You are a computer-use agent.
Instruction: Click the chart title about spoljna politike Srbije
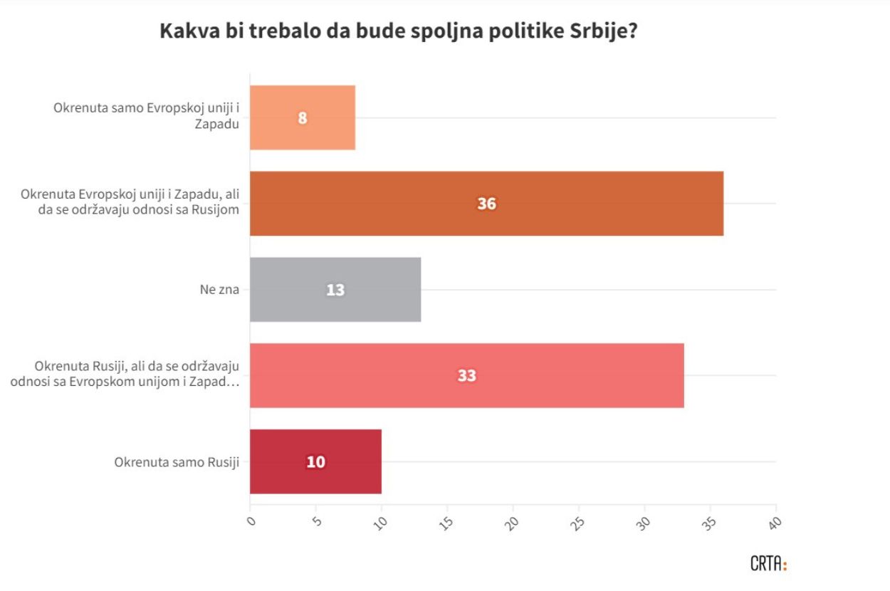[398, 32]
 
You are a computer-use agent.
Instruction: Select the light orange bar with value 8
[303, 117]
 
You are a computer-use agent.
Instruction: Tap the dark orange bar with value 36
[486, 204]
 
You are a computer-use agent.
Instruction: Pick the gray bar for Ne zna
[335, 290]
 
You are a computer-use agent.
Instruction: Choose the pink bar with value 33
[466, 375]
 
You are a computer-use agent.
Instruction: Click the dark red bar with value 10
[315, 461]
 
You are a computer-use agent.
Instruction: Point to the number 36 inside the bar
[487, 204]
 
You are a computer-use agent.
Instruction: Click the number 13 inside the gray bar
[335, 291]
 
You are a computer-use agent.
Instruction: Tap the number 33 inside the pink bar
[467, 376]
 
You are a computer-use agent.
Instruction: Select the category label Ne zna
[219, 290]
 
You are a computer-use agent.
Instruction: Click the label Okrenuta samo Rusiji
[177, 461]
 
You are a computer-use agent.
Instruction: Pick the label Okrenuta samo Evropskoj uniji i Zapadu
[146, 116]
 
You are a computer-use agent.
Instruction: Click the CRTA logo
[768, 564]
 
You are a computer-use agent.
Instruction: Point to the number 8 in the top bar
[303, 118]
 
